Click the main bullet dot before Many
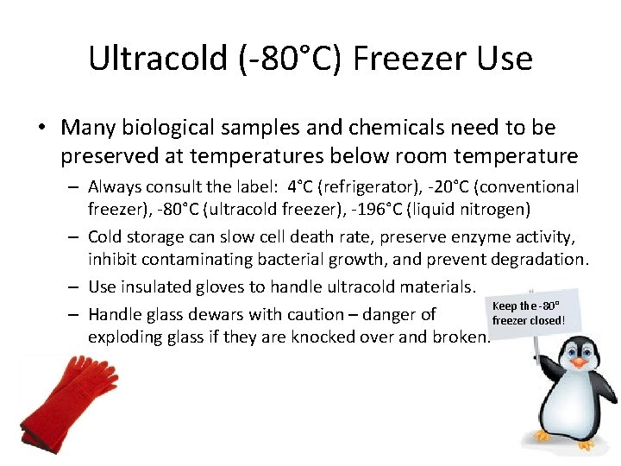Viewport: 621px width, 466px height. pos(42,128)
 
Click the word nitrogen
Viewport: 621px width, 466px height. pos(494,209)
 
